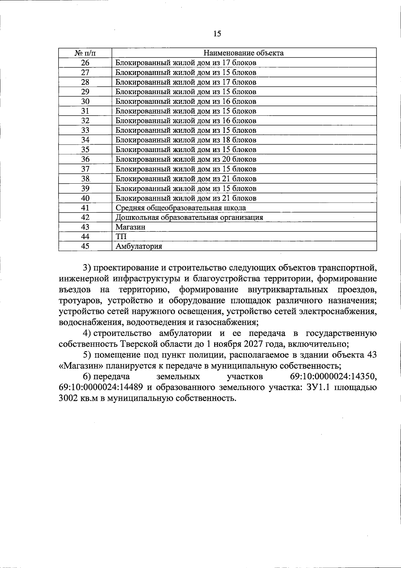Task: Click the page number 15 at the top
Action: point(217,33)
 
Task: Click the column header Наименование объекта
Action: point(244,53)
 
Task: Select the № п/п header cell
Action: point(85,53)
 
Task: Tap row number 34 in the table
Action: point(85,140)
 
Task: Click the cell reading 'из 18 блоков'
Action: point(186,140)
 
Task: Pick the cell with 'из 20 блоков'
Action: point(186,159)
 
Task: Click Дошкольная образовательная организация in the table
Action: point(189,217)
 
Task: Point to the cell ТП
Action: point(121,237)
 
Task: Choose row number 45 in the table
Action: point(85,246)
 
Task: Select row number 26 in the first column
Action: point(85,62)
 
